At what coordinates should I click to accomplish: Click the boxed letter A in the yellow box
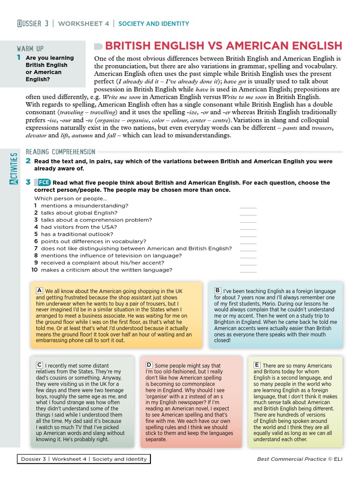[40, 291]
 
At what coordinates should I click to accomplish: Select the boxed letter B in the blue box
[218, 291]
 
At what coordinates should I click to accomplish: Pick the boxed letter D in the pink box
[149, 365]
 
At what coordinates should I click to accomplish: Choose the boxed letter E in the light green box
[257, 365]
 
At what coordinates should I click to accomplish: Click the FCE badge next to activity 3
[43, 182]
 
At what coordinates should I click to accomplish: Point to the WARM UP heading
[30, 49]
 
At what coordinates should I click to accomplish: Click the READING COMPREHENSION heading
[60, 151]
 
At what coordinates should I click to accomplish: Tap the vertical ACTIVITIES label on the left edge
[15, 168]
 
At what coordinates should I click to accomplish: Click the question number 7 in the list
[36, 248]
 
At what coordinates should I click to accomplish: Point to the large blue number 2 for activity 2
[28, 161]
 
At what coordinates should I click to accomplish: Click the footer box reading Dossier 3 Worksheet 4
[84, 459]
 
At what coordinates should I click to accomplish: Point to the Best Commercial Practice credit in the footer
[291, 459]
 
